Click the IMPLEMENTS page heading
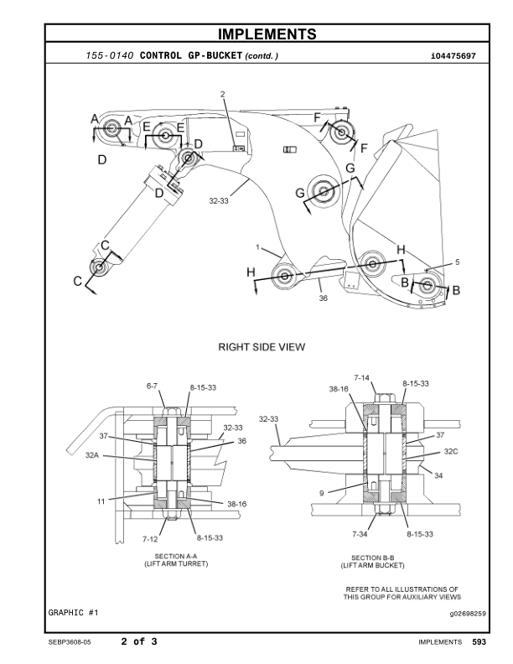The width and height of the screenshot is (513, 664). pos(267,34)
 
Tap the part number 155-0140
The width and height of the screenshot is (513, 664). pos(110,55)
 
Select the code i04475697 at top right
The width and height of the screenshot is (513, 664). pos(453,56)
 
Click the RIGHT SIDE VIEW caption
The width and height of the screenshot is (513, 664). pos(262,347)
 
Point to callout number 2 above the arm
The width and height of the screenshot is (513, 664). pos(223,94)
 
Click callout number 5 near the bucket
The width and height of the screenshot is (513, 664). pos(457,262)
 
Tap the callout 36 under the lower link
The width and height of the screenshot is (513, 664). pos(324,298)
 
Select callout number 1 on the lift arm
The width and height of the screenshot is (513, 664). pos(257,247)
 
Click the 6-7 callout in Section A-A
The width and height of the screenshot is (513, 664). pos(152,386)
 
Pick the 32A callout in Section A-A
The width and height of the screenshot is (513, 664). pos(92,455)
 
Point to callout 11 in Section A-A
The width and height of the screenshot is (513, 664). pos(101,501)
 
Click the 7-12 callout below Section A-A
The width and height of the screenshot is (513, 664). pos(150,539)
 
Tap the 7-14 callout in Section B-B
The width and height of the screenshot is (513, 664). pos(362,378)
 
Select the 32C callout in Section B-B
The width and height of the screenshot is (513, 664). pos(451,451)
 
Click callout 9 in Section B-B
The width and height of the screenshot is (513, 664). pos(322,493)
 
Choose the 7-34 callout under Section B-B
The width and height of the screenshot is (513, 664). pos(360,534)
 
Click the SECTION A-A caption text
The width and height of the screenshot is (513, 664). pos(176,556)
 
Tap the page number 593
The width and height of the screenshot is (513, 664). pos(479,642)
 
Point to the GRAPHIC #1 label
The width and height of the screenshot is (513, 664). pos(73,612)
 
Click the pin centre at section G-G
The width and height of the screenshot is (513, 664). pos(324,191)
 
